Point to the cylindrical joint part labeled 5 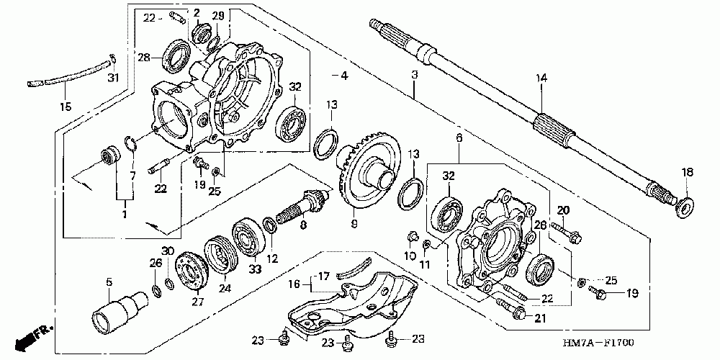tap(114, 307)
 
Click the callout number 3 tap(415, 75)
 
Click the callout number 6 tap(458, 138)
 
